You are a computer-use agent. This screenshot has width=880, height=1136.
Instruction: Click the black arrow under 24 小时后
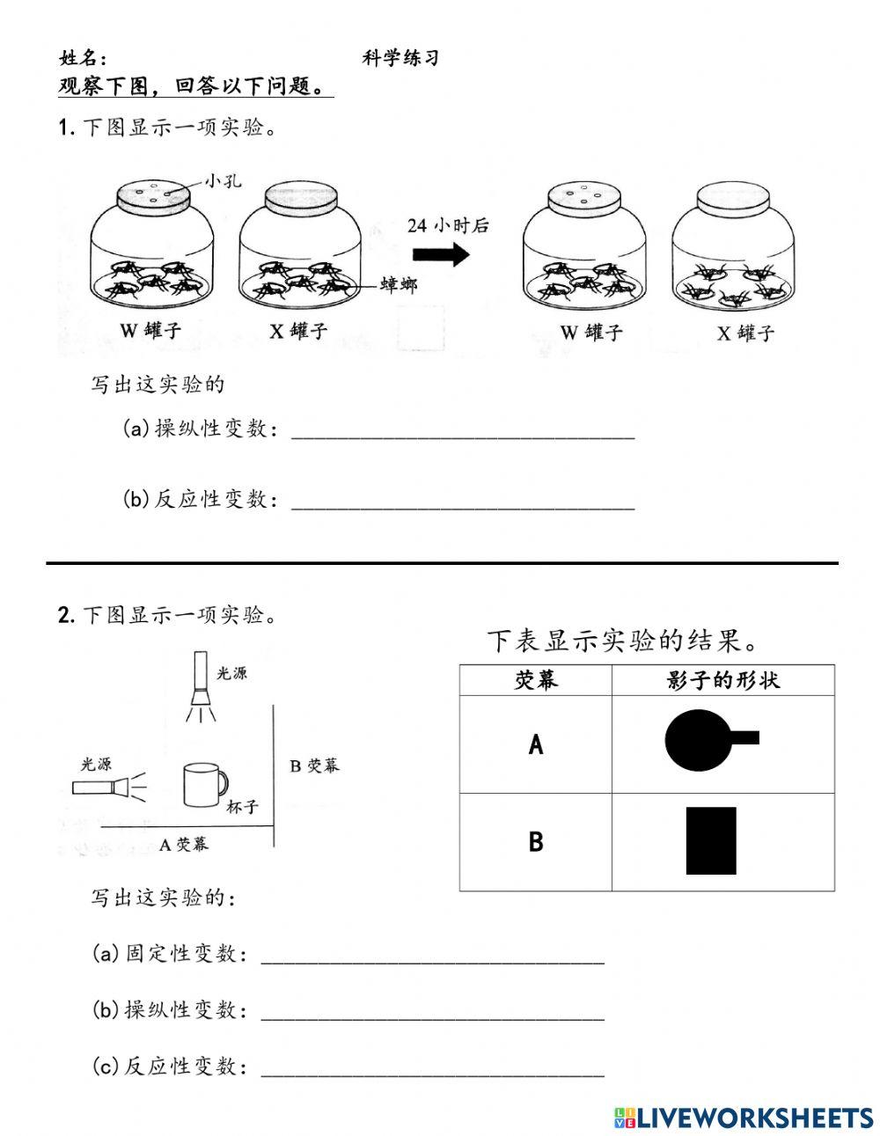point(440,255)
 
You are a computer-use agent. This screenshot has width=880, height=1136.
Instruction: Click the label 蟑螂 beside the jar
point(398,284)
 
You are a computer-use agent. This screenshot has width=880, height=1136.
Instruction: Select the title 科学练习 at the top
point(400,58)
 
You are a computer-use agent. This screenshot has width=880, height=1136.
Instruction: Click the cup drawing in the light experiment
point(204,784)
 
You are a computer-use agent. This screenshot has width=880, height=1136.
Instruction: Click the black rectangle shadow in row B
point(711,840)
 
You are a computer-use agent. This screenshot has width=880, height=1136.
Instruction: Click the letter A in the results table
point(536,745)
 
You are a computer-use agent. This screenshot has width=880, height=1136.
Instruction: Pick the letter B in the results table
point(536,842)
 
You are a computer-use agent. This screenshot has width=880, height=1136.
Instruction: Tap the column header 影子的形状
point(723,680)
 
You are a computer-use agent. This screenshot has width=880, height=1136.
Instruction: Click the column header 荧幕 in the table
point(536,680)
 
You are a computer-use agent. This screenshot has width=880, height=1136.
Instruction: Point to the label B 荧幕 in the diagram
point(314,766)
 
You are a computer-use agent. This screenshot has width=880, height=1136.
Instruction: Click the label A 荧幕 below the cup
point(184,844)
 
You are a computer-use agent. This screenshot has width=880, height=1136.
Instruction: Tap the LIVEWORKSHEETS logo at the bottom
point(744,1118)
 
